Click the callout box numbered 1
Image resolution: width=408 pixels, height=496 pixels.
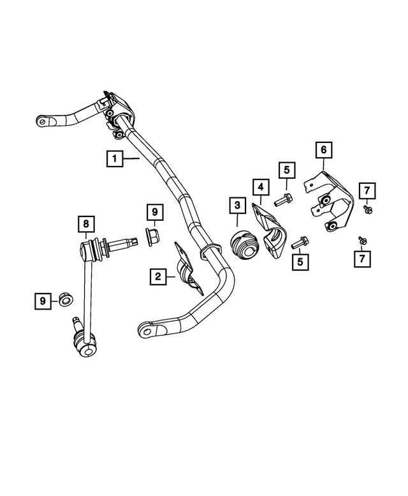pyautogui.click(x=115, y=158)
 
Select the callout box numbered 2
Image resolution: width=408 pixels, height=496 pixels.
pyautogui.click(x=156, y=276)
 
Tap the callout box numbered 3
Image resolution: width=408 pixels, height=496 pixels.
pyautogui.click(x=237, y=206)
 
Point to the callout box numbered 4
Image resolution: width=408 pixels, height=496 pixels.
pyautogui.click(x=260, y=188)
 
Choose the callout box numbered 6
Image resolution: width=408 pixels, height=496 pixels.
pyautogui.click(x=323, y=150)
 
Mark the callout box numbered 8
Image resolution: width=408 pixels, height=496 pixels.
pyautogui.click(x=85, y=224)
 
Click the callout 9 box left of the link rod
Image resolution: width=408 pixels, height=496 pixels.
pyautogui.click(x=43, y=299)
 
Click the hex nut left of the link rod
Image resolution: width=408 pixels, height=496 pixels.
pyautogui.click(x=64, y=299)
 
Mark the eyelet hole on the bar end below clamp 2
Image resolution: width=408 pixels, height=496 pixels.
pyautogui.click(x=147, y=331)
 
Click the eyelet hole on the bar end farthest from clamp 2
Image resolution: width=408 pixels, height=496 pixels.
pyautogui.click(x=41, y=119)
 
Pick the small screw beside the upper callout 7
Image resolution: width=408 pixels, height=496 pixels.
pyautogui.click(x=368, y=208)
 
